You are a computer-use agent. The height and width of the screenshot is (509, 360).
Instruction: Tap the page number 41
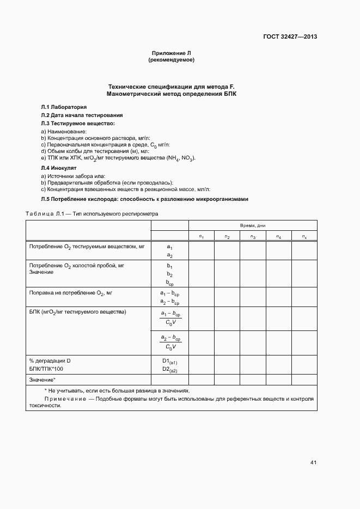[313, 463]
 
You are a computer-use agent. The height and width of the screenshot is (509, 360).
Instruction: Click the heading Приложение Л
[171, 53]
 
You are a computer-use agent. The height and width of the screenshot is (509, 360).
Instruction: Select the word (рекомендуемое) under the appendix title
[171, 60]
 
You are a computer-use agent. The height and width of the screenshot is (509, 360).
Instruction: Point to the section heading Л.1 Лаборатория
[64, 107]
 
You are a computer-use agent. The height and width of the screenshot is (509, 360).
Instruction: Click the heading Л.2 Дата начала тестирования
[82, 115]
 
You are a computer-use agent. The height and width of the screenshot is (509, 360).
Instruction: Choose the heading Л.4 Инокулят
[59, 168]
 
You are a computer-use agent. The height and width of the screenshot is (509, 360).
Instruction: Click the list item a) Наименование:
[64, 132]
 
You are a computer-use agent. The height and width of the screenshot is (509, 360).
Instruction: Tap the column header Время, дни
[253, 225]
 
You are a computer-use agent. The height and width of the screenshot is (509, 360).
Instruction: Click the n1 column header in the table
[202, 236]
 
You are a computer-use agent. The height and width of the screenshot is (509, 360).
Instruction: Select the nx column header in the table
[304, 236]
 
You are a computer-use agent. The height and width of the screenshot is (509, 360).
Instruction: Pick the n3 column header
[253, 236]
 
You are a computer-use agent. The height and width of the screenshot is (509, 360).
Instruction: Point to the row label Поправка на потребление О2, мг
[70, 293]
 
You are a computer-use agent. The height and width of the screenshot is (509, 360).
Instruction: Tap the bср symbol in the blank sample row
[170, 283]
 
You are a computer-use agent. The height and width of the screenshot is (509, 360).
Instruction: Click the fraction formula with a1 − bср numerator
[170, 318]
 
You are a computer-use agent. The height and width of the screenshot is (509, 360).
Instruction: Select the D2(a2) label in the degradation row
[170, 370]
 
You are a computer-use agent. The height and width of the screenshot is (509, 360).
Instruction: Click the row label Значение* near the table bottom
[42, 379]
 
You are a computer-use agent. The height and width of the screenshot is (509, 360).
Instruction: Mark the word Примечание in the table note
[65, 398]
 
